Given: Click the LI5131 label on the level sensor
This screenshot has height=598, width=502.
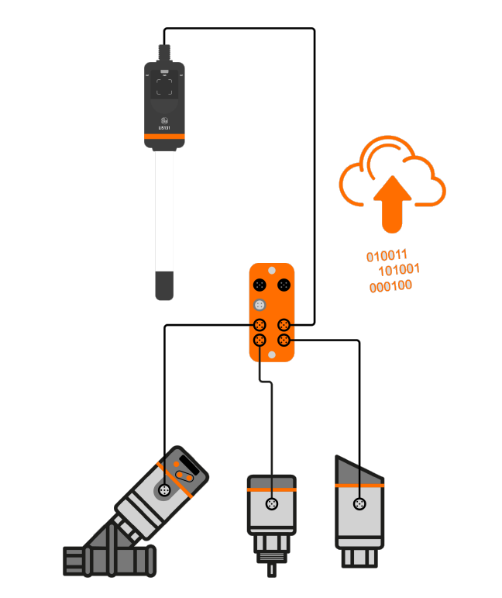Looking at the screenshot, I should tap(164, 127).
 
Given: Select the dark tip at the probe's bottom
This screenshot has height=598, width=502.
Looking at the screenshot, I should tap(164, 285).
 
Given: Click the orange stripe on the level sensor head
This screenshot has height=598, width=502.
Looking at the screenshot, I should tap(164, 136).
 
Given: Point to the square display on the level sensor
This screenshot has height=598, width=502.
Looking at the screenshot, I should tap(164, 86).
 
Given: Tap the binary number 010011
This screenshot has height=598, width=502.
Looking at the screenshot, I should tap(387, 255).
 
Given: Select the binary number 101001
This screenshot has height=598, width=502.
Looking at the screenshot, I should tap(399, 270).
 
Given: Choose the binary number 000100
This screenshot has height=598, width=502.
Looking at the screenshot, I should tap(390, 286).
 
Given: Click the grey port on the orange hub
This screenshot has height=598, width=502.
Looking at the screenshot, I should tap(261, 305).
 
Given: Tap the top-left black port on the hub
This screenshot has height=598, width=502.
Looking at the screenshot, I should tap(261, 286).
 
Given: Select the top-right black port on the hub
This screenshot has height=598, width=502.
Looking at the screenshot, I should tap(284, 286).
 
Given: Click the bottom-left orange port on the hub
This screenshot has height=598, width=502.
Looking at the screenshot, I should tap(261, 340).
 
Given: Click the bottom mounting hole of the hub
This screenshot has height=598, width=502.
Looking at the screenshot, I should tap(272, 354).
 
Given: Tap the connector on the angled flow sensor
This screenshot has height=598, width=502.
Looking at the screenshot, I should tap(163, 490).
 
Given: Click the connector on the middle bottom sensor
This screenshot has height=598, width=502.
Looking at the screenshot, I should tap(271, 505).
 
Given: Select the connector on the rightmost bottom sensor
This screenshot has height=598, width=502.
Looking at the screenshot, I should tap(359, 505).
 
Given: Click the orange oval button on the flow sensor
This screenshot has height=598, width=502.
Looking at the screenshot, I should tap(185, 475).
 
